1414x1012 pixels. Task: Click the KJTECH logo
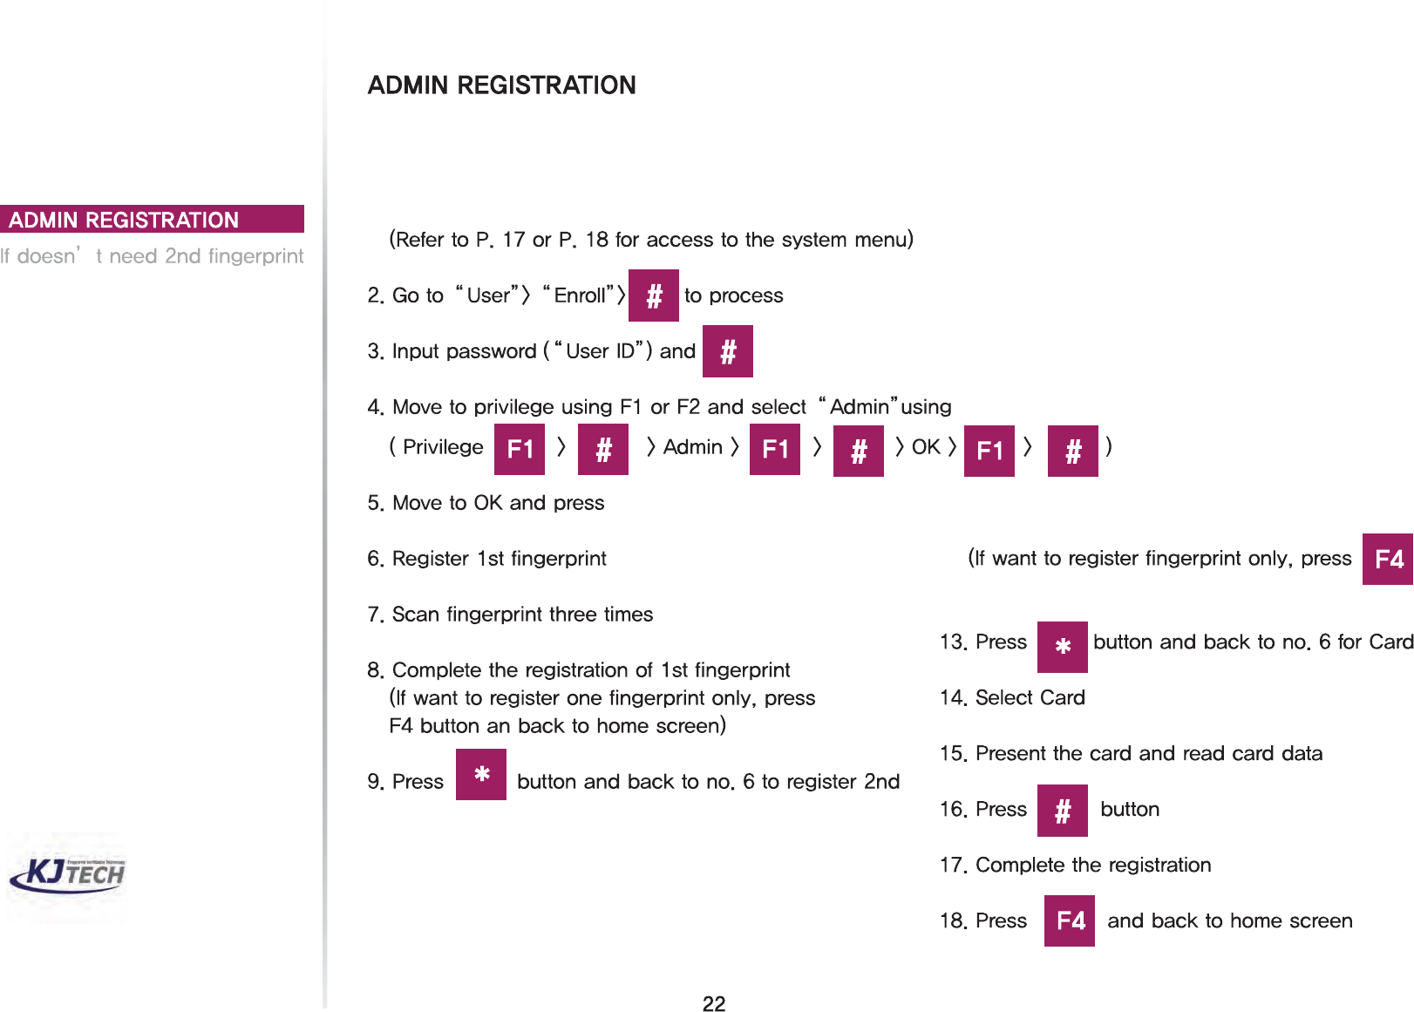coord(68,874)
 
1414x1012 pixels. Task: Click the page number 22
coord(714,1003)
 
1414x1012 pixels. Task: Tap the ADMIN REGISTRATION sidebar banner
coord(152,220)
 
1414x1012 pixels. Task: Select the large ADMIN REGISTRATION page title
coord(501,85)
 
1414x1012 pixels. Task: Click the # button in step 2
coord(654,296)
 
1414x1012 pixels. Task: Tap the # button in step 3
coord(728,351)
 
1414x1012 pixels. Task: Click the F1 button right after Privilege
coord(520,449)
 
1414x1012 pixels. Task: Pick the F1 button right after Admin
coord(775,449)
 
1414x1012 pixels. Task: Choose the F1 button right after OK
coord(989,451)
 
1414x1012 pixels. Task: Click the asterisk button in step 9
coord(481,774)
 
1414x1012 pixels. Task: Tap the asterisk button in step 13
coord(1063,647)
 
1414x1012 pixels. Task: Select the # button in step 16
coord(1063,811)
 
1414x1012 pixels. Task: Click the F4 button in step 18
coord(1070,920)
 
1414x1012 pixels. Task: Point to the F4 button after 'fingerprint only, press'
coord(1388,559)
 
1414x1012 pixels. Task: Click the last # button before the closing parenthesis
coord(1073,451)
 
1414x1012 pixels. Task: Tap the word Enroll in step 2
coord(580,295)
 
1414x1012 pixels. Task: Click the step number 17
coord(953,866)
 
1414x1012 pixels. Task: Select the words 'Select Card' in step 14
coord(1030,697)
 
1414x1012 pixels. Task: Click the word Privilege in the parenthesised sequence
coord(443,447)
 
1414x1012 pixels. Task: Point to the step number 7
coord(375,615)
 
